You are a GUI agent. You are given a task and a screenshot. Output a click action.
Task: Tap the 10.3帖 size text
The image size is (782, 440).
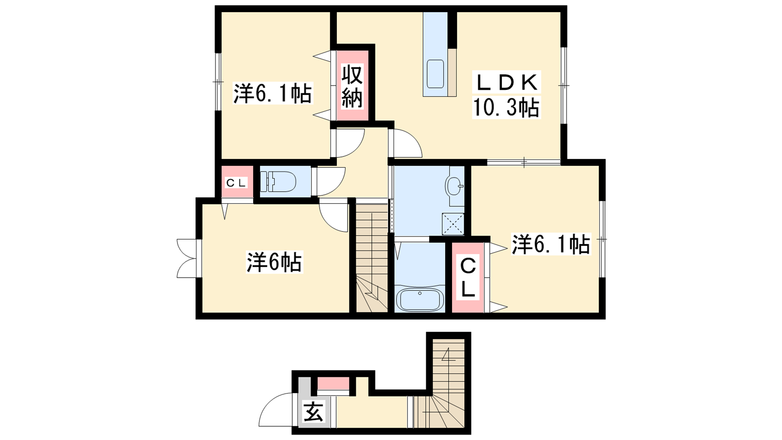coord(506,108)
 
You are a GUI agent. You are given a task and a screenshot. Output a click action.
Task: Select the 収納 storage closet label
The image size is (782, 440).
coord(352,86)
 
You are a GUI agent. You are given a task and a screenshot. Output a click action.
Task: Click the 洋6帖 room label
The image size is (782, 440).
coord(274,262)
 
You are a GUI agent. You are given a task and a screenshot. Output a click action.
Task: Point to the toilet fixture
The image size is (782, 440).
coord(278,181)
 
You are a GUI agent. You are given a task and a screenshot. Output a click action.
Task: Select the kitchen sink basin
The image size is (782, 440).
coord(435,74)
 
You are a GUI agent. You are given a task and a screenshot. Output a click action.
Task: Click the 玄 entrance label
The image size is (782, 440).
coord(313,413)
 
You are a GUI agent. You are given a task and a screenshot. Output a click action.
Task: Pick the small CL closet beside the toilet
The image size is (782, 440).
coord(237,182)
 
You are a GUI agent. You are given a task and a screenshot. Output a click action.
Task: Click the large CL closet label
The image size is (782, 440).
coord(468,278)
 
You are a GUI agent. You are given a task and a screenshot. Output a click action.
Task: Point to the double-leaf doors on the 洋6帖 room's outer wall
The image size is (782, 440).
coord(187,259)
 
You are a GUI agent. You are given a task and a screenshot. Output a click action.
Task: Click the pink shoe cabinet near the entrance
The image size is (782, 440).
coord(333,383)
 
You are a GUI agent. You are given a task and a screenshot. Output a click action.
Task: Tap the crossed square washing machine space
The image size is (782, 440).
coord(453,224)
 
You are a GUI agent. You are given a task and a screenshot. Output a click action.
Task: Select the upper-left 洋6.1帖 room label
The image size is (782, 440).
coord(273,93)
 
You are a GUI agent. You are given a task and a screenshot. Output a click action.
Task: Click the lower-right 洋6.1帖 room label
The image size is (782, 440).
coord(551,244)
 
